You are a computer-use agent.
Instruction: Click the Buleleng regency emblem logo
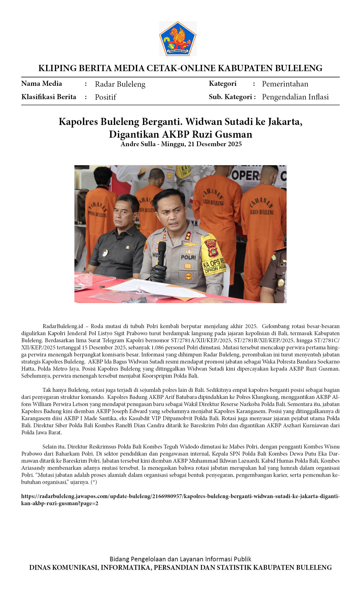coord(178,38)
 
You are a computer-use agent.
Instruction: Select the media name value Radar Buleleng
coord(120,84)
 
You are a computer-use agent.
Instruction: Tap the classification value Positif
coord(105,97)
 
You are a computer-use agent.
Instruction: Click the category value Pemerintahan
coord(285,84)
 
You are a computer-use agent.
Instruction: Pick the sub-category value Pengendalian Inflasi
coord(295,97)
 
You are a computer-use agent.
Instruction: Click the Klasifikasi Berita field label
coord(49,97)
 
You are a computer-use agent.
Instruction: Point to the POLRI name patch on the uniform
coord(188,257)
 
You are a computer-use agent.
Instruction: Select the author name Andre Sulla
coord(138,144)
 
